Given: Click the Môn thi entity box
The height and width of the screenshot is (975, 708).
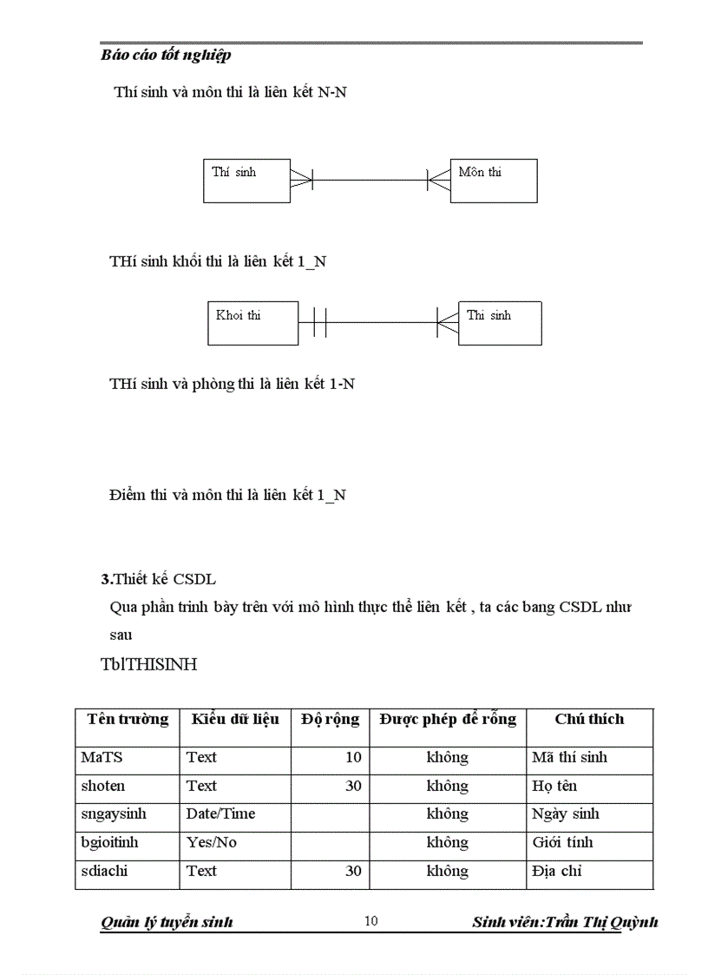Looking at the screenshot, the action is tap(493, 181).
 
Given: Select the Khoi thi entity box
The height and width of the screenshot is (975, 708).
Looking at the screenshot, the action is tap(252, 323).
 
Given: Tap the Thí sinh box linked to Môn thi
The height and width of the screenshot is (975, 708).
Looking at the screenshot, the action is tap(246, 181).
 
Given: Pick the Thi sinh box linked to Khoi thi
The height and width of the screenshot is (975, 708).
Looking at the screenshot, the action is tap(500, 323).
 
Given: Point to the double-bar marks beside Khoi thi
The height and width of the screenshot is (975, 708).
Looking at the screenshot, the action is tap(319, 323).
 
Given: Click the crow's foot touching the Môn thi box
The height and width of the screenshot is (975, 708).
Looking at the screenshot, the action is tap(439, 181).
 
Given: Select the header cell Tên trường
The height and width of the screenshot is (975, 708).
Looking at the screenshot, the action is tap(128, 719).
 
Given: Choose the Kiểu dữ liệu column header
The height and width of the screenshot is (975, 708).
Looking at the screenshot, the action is tap(235, 719).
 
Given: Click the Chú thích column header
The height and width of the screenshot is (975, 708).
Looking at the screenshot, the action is tap(589, 719).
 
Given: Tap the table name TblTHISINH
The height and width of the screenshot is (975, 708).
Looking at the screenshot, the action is tap(148, 665).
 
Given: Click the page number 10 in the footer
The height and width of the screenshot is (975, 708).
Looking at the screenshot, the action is tap(370, 921).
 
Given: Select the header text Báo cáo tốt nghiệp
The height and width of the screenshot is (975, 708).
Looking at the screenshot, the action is tap(166, 56).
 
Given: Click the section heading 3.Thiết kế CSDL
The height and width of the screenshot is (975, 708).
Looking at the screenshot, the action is tap(158, 579).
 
